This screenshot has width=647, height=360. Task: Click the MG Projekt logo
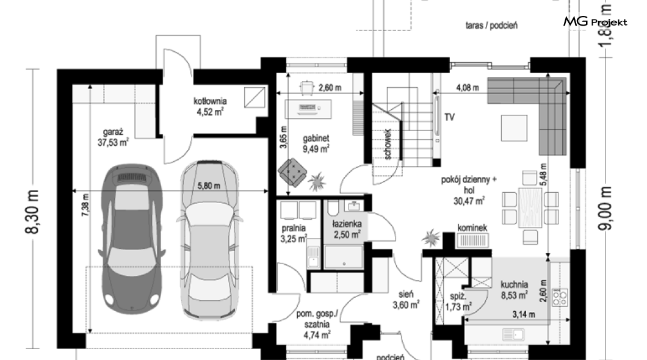pos(595,21)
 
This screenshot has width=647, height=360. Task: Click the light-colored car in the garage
pos(209,239)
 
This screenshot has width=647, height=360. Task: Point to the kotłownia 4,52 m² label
pos(210,106)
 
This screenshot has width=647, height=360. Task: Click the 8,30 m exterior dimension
pos(32,212)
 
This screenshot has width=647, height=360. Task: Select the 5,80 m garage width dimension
pos(208,185)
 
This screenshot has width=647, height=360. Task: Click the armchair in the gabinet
pos(292,170)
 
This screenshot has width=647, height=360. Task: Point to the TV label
pos(449,117)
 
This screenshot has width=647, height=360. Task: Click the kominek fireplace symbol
pos(472,240)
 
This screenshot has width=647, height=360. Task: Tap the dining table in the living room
pos(530,207)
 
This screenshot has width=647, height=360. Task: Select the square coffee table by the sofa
pos(514,128)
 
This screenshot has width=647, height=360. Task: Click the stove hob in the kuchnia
pos(560,298)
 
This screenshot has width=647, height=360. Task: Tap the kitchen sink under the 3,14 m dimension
pos(513,334)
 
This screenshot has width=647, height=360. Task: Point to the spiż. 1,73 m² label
pos(458,301)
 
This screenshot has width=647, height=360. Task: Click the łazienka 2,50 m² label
pos(347,229)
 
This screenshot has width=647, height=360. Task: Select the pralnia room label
pos(294,228)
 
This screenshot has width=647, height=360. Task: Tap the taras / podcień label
pos(491,26)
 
